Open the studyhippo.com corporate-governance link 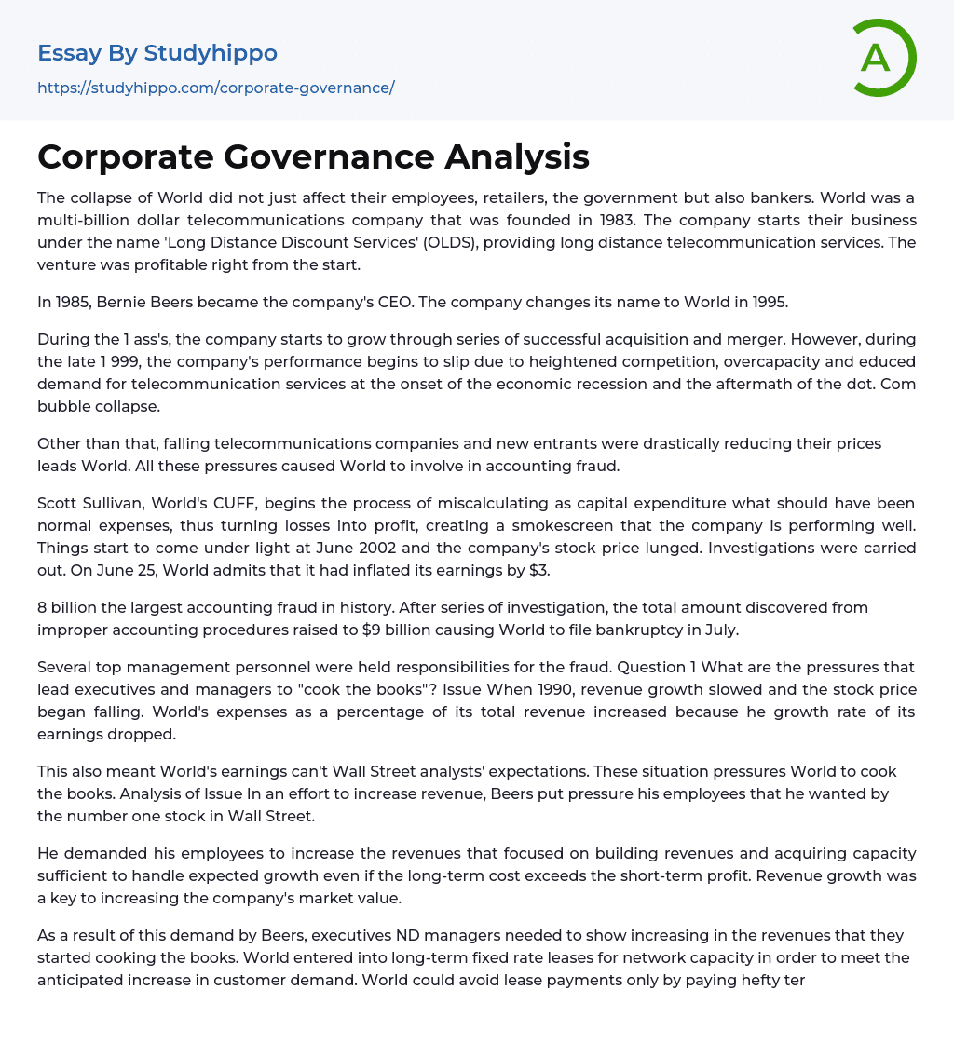(215, 88)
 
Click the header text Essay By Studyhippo (157, 53)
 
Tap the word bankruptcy (629, 630)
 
